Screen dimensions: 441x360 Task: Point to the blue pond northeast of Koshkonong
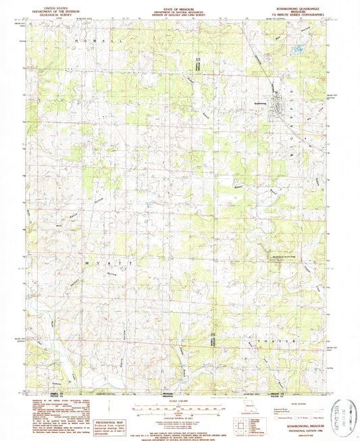297,49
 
